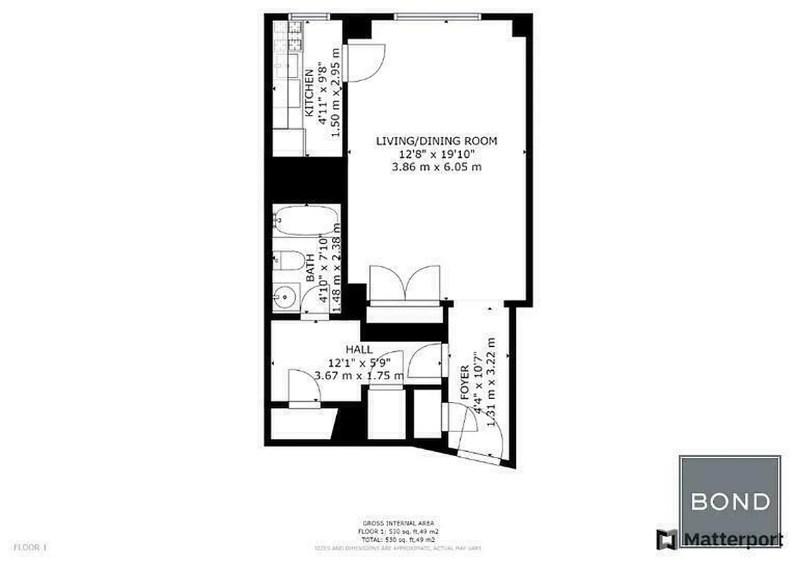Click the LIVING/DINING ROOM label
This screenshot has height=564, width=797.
coord(435,141)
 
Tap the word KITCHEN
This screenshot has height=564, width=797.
coord(309,92)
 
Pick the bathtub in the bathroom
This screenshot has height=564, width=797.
coord(306,220)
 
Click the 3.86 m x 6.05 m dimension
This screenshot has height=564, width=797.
coord(435,167)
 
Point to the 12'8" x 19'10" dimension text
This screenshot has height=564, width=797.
coord(435,154)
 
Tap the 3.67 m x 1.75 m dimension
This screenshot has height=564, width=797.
coord(359,375)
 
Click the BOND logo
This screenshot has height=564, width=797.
coord(729,502)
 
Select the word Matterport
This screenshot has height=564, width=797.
coord(733,540)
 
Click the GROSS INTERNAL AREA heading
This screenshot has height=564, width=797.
coord(397,523)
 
